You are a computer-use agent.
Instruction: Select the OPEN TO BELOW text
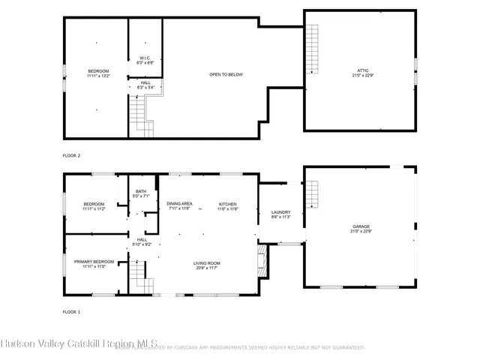pos(226,74)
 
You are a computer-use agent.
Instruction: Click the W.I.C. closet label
pos(145,58)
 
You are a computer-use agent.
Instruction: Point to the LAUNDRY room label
pos(280,213)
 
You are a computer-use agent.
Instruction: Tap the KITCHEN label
pos(228,204)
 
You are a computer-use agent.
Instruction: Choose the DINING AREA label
pos(179,204)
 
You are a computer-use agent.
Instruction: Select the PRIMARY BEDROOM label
pos(94,262)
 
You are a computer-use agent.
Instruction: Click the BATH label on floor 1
pos(141,191)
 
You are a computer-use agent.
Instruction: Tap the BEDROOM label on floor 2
pos(98,71)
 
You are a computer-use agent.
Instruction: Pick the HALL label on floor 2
pos(145,82)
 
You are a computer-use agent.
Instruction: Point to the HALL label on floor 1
pos(141,239)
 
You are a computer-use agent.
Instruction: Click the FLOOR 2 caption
pos(71,155)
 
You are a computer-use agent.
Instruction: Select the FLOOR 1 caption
pos(71,310)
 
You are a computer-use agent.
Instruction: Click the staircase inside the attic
pos(311,49)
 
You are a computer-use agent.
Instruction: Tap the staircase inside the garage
pos(312,196)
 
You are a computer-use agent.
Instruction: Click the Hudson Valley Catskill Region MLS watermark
pos(79,344)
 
